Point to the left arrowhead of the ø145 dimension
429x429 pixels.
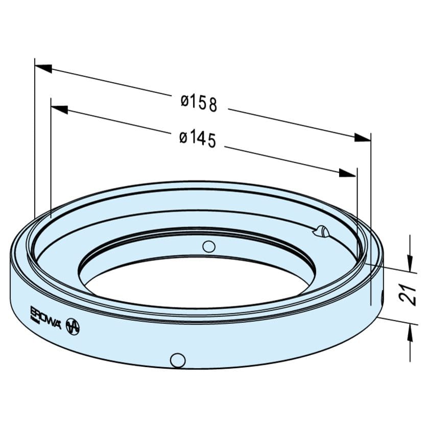point(60,109)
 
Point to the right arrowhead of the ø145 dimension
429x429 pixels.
point(347,173)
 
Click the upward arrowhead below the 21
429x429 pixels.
point(411,333)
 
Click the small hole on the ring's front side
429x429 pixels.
point(178,360)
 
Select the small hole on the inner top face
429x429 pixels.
point(208,247)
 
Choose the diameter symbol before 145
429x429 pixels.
point(183,137)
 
